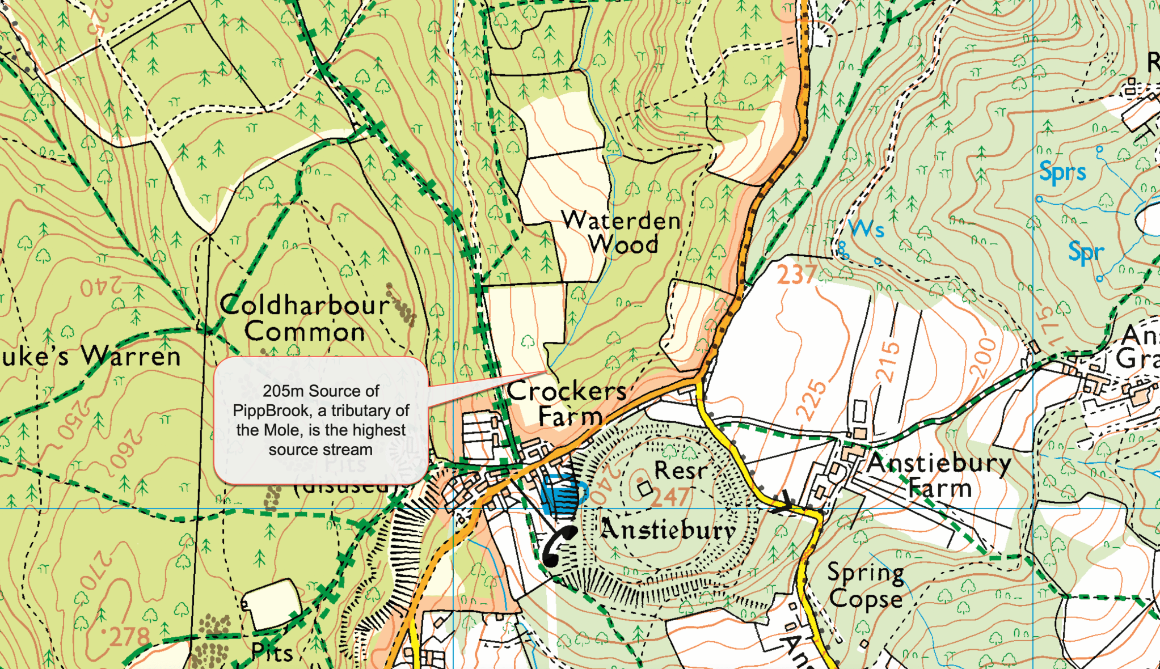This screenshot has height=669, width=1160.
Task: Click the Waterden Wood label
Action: point(622,233)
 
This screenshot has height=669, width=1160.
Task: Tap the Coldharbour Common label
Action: point(305,319)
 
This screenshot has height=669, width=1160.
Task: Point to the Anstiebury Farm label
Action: point(939,475)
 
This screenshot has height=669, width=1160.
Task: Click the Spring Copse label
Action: point(866,586)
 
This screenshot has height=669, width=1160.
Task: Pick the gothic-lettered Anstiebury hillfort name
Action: point(668,530)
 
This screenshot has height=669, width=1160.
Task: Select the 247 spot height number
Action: point(670,498)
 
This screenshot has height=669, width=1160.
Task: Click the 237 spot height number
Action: point(797,275)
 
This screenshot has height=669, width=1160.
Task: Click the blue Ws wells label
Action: point(867,229)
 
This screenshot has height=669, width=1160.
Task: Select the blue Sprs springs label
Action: point(1062,171)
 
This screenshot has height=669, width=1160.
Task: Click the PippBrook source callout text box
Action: point(320,420)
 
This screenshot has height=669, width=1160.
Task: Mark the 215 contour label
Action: point(888,362)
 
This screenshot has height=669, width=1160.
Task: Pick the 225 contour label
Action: point(812,400)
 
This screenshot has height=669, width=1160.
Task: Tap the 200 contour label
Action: point(983,357)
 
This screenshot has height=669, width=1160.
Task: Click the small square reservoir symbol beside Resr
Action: point(644,488)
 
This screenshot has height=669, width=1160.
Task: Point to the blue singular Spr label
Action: point(1086,252)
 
